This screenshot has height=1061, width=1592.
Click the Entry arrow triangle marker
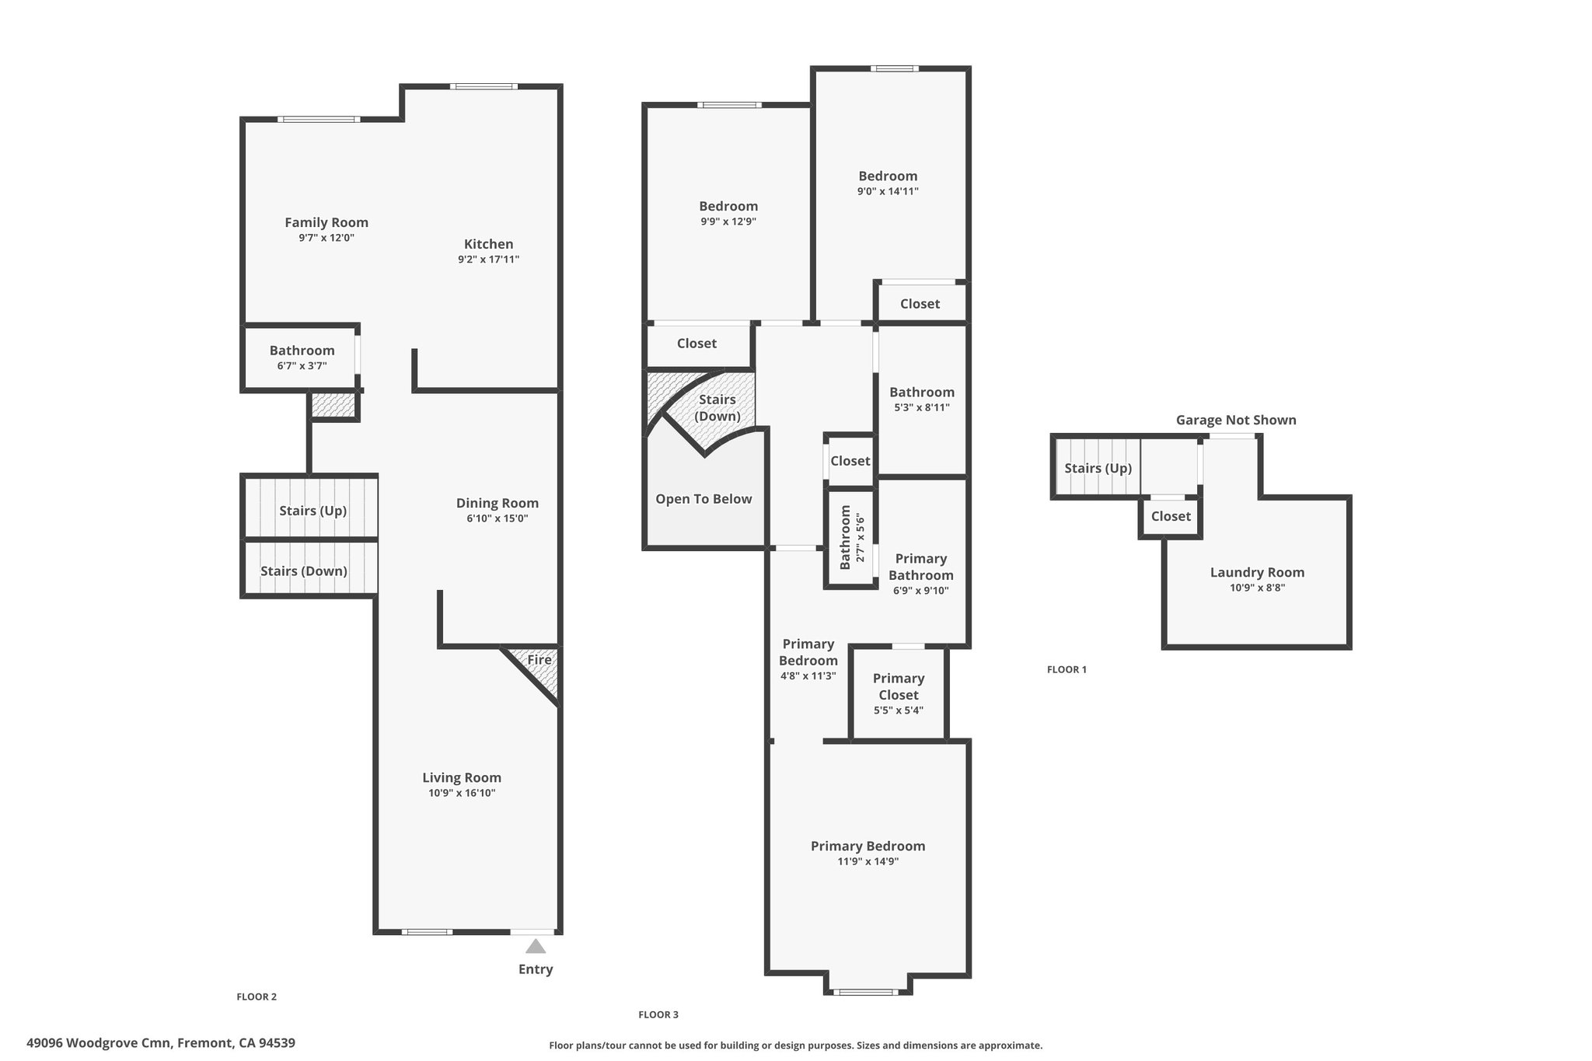coord(536,946)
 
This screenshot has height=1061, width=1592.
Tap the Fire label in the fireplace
coord(539,660)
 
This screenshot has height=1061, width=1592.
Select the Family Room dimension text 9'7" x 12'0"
coord(326,238)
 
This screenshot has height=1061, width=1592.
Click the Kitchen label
coord(489,244)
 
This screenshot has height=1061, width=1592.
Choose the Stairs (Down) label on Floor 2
coord(304,571)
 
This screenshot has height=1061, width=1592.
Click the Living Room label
coord(462,777)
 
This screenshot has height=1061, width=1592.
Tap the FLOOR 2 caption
coord(257,996)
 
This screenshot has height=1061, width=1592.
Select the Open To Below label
coord(703,499)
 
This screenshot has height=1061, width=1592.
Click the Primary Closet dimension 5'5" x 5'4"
coord(899,710)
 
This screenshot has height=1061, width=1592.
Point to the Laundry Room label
coord(1257,573)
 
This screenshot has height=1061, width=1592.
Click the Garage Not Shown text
coord(1236,420)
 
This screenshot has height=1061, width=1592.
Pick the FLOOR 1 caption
coord(1067,669)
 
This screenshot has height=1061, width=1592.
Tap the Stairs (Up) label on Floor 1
coord(1098,468)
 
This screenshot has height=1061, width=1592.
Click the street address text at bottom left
coord(161,1043)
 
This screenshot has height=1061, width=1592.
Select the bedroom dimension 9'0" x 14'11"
coord(888,191)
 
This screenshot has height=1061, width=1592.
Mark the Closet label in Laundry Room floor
coord(1171,516)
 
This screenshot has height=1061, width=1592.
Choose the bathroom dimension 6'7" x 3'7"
coord(302,365)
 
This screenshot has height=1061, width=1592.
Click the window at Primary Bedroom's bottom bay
coord(865,992)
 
